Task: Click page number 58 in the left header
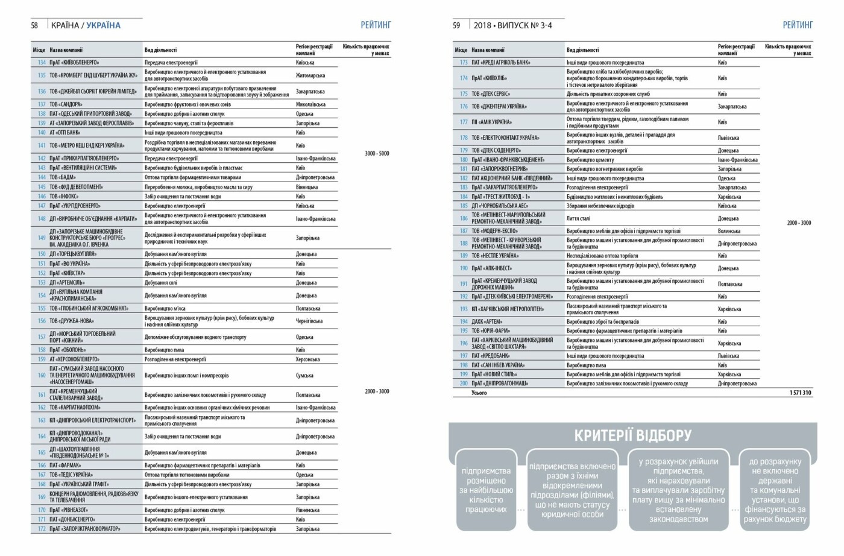34,25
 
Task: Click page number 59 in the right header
456,25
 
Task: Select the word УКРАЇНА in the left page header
103,25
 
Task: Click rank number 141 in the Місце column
42,145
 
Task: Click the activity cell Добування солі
160,282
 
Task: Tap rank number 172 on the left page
42,529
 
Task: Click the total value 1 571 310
800,393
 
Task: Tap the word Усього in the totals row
479,393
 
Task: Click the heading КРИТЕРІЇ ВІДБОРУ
632,435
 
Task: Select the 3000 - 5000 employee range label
377,154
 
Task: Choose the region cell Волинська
729,231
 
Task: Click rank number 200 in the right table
464,384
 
